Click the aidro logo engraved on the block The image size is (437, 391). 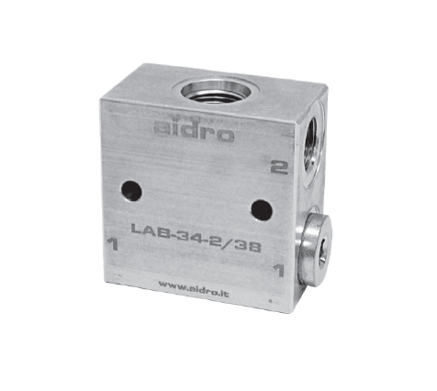[x=194, y=131]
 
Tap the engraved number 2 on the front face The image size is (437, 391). [x=279, y=167]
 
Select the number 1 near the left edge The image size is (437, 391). [x=112, y=244]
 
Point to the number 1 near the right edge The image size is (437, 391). [x=279, y=271]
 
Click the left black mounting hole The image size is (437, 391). [x=131, y=191]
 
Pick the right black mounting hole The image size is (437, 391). [x=262, y=210]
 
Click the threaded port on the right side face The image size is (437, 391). [x=312, y=145]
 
